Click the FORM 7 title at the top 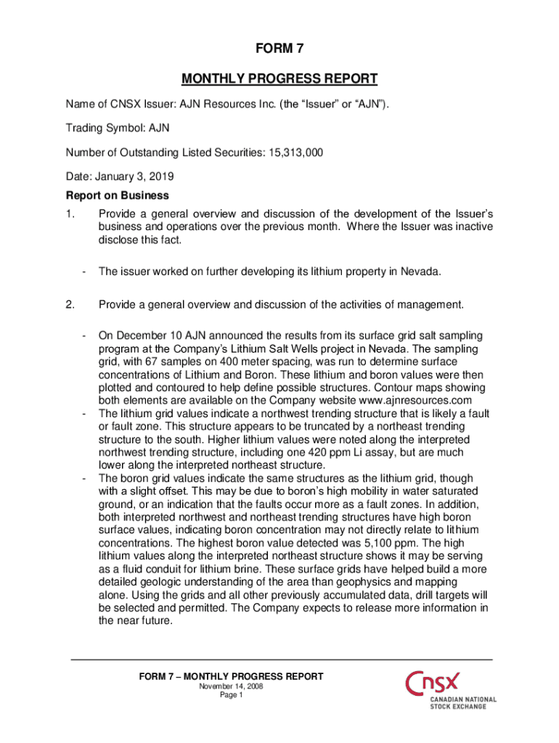279,49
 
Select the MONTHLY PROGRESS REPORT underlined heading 279,78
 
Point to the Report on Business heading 118,195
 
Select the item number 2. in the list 70,304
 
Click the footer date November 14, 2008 231,686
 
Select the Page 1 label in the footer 231,695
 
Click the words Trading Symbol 104,128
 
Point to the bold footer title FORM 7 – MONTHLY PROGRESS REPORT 231,676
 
